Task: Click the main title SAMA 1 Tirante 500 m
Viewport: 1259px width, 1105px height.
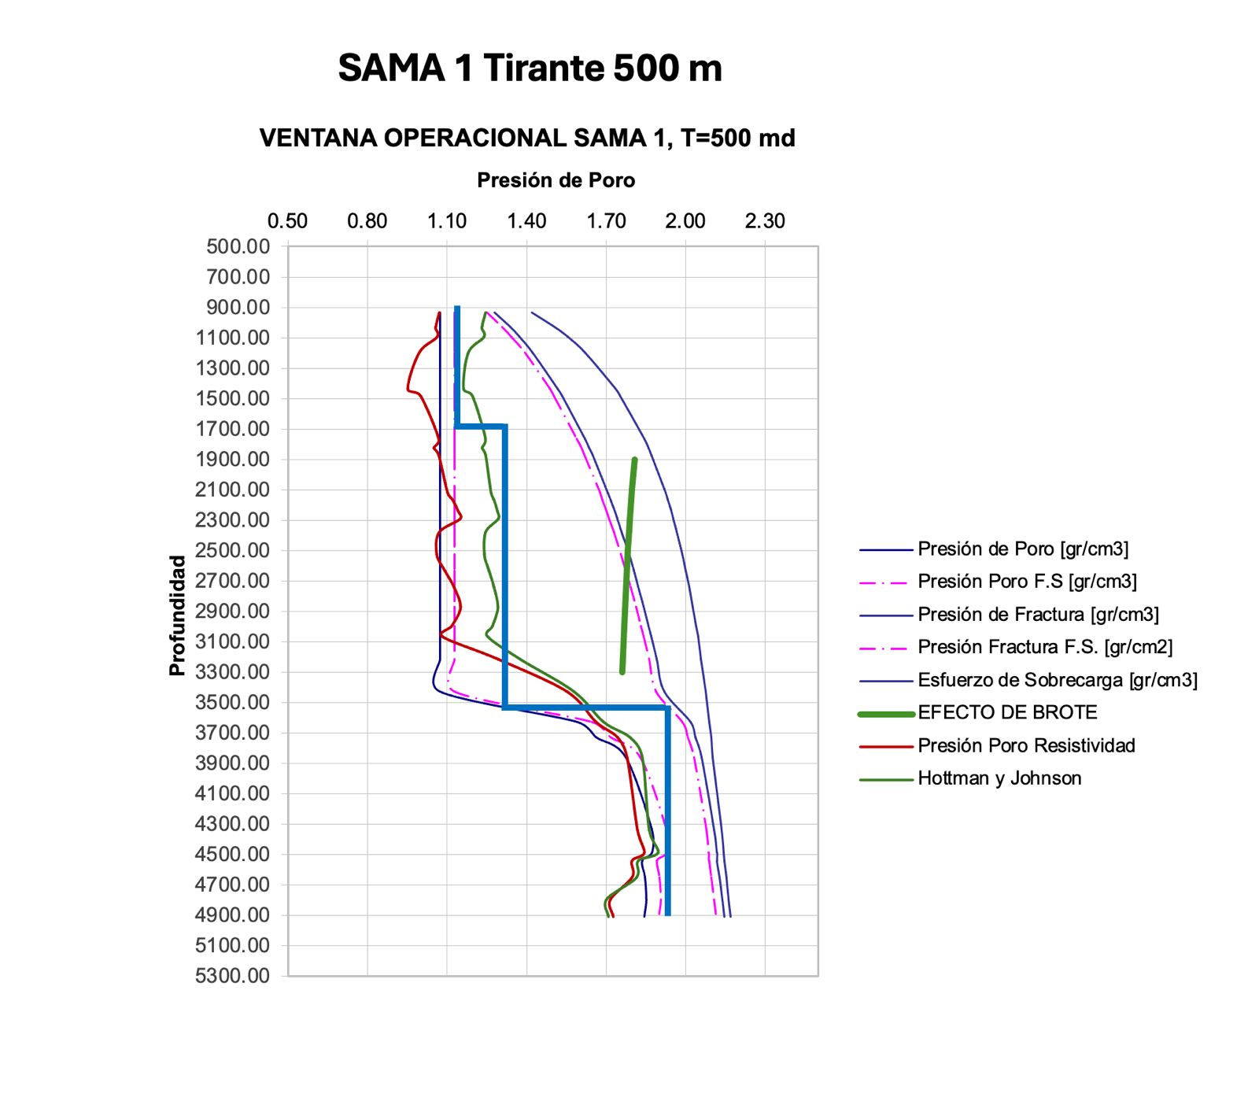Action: pos(530,68)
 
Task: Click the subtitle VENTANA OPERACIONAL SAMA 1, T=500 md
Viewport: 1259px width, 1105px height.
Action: pos(527,139)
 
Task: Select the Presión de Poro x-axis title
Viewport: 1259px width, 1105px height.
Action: pos(556,180)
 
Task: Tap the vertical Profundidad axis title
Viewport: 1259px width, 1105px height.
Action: pos(177,615)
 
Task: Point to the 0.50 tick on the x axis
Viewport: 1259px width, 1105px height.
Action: pos(287,221)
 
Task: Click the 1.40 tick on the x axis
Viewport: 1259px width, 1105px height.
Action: pos(526,221)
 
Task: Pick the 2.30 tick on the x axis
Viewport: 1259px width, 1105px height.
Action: pos(765,221)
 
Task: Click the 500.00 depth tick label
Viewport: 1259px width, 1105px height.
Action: pos(238,246)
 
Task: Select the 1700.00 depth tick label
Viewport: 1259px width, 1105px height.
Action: pos(232,429)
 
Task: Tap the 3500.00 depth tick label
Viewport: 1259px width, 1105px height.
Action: pos(232,702)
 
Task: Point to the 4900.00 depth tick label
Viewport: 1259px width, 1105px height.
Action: pos(232,915)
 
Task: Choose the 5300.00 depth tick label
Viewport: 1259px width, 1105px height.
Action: pos(232,976)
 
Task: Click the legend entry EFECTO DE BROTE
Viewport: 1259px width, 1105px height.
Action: pos(1007,713)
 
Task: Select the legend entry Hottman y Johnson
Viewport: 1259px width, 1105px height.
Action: pos(999,778)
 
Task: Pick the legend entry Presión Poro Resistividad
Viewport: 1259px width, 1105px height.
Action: pos(1026,746)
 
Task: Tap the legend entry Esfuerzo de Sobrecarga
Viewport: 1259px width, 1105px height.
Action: pos(1057,680)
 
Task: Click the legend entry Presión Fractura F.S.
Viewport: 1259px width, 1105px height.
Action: pos(1044,647)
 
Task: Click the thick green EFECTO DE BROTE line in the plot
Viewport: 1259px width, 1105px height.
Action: pos(628,567)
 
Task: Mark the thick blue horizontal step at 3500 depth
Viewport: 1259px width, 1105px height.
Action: pos(586,708)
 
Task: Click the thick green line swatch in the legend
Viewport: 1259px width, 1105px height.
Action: pos(886,714)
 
